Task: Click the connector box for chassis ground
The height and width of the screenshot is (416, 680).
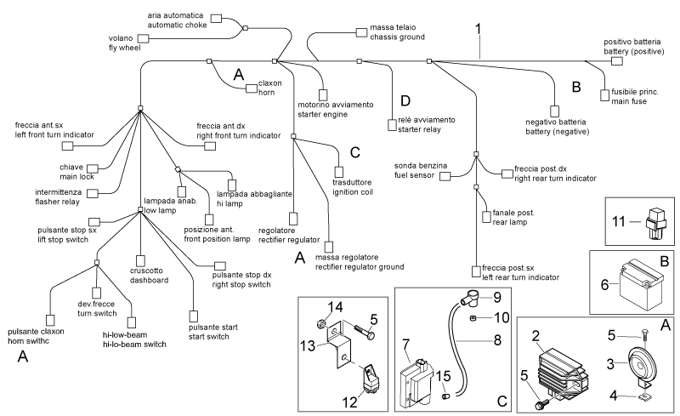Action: [x=361, y=32]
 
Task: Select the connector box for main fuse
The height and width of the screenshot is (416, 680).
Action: [x=604, y=95]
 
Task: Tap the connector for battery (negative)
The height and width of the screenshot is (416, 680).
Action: [x=554, y=111]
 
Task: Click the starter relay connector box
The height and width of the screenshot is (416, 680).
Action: [x=392, y=125]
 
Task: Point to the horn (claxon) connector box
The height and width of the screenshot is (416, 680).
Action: [x=252, y=88]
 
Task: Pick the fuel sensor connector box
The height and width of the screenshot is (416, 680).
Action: [x=445, y=176]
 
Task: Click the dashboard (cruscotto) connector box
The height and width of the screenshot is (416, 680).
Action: [x=140, y=260]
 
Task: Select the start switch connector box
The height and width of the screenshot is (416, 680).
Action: [x=194, y=316]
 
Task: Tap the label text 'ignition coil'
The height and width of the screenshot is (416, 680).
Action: [x=353, y=192]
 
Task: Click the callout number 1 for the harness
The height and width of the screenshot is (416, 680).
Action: [x=479, y=30]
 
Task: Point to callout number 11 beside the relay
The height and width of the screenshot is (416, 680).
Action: [x=619, y=221]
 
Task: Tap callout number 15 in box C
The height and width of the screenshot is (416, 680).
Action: [x=443, y=376]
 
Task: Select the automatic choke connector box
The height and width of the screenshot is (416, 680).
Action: [x=216, y=18]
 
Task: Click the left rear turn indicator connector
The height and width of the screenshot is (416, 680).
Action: [x=476, y=272]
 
